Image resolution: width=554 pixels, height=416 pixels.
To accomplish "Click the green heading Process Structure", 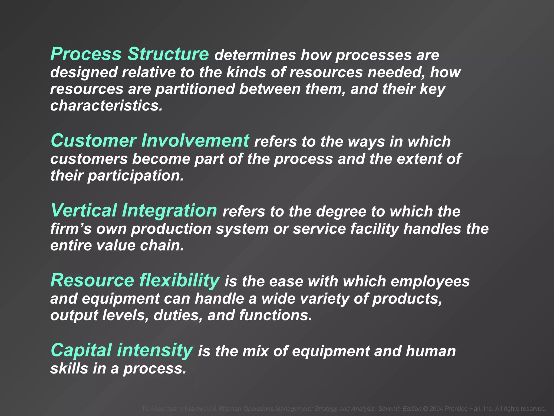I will (129, 54).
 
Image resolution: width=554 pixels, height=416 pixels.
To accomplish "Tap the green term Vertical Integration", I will (134, 210).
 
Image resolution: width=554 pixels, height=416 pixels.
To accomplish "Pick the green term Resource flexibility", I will (135, 280).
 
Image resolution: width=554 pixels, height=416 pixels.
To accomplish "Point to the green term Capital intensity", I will (121, 350).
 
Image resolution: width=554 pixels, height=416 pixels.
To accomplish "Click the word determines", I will (255, 55).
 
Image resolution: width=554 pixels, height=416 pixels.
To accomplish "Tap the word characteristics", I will (106, 106).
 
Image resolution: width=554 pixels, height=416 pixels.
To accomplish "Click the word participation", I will (136, 176).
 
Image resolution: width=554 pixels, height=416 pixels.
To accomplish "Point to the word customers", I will (89, 159).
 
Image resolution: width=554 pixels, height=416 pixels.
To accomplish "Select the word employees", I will (430, 282).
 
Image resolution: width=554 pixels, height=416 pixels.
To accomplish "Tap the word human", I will (431, 351).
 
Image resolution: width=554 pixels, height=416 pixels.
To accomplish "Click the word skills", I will (69, 369).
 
